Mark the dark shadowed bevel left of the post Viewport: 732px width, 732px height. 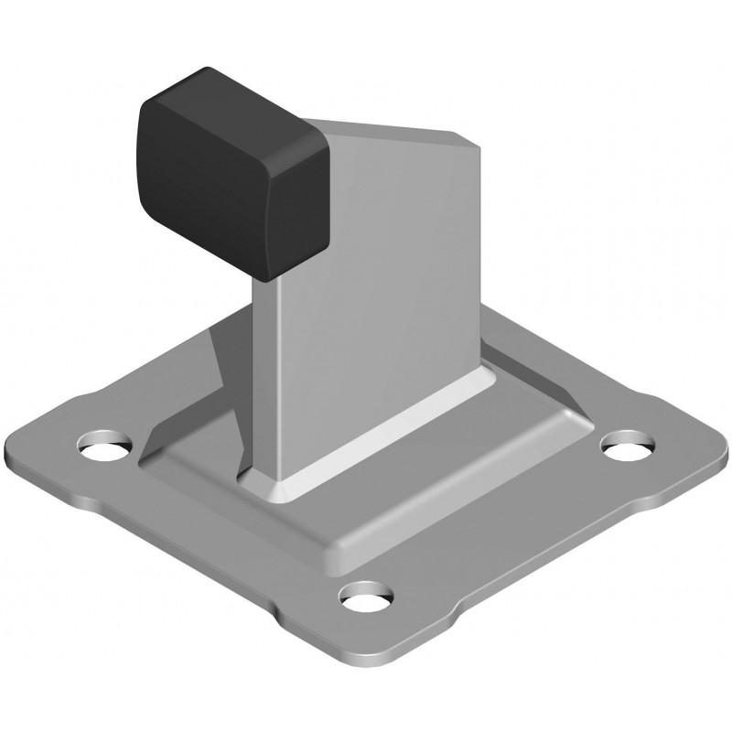click(215, 384)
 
